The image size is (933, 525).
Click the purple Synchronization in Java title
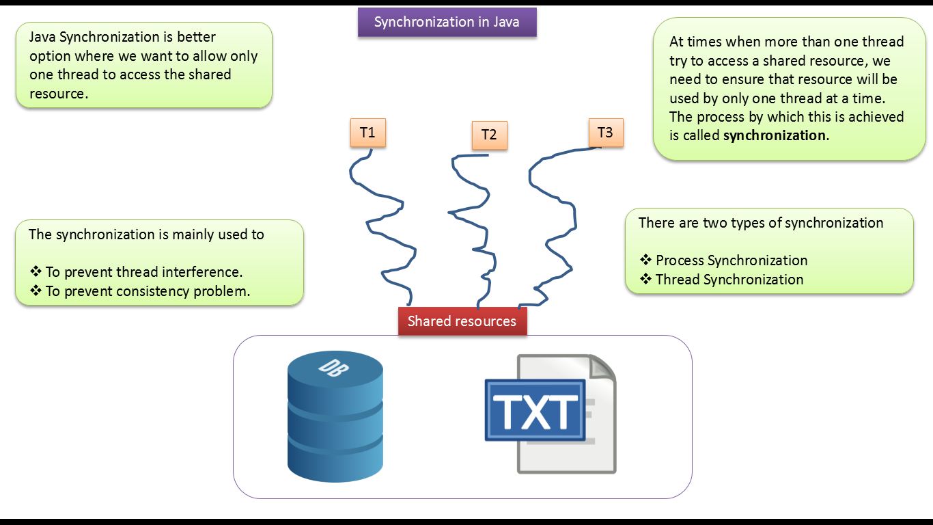[x=447, y=22]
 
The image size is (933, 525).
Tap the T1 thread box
[x=367, y=133]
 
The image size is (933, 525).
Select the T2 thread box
[x=489, y=135]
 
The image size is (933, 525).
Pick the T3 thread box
[x=605, y=133]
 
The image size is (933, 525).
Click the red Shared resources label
[x=462, y=321]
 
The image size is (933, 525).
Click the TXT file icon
[x=550, y=414]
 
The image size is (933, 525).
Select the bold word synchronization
[x=775, y=135]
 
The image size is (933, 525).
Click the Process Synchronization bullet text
[x=731, y=260]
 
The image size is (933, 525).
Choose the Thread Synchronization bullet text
[x=729, y=280]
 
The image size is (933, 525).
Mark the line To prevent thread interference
[x=143, y=272]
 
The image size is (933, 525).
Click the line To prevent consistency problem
[x=148, y=291]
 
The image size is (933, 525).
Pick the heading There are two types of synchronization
[x=761, y=223]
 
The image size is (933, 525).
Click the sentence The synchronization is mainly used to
[x=146, y=234]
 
